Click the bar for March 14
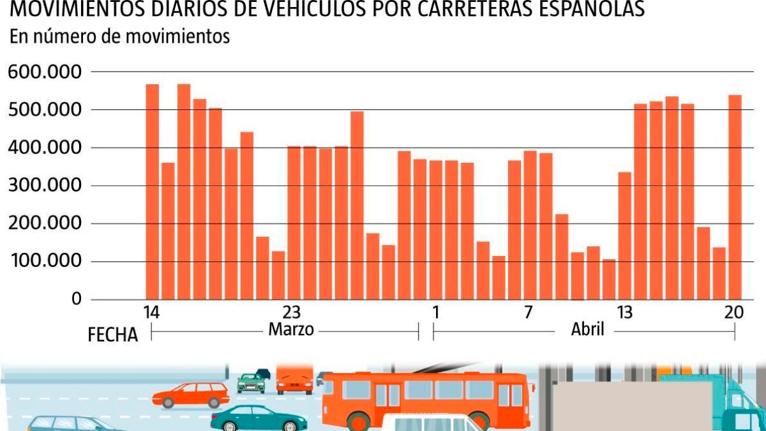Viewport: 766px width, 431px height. point(152,192)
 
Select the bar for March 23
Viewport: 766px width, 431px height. point(294,223)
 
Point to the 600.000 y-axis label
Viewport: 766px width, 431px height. point(45,72)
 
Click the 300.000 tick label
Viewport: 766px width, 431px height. point(45,186)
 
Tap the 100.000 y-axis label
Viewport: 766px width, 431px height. point(45,261)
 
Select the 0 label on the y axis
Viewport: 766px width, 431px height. point(77,299)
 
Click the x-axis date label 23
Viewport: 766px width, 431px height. point(291,313)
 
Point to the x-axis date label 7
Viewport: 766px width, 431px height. point(529,313)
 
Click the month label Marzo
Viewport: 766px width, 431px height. point(291,330)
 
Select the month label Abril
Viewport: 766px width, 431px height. point(587,330)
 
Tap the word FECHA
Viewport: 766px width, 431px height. point(113,335)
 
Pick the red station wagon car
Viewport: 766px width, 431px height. point(191,395)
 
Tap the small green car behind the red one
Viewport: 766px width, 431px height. point(250,382)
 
